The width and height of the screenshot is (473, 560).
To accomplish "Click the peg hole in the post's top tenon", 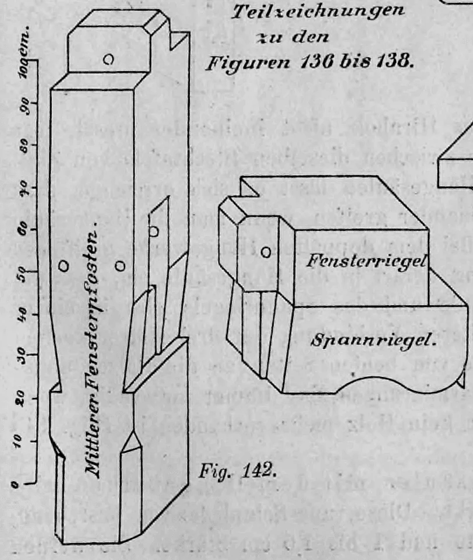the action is [x=108, y=59].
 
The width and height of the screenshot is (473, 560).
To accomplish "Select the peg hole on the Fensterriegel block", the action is [x=266, y=252].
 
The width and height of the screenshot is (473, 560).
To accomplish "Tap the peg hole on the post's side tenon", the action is [x=153, y=231].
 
